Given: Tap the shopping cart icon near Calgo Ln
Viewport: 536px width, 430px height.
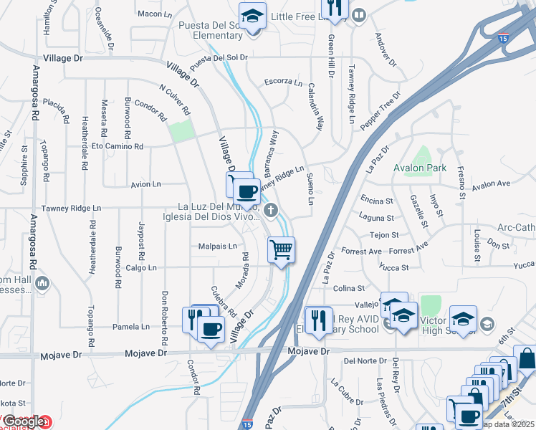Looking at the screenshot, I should pos(281,250).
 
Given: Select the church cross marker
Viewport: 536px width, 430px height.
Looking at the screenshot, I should pos(270,210).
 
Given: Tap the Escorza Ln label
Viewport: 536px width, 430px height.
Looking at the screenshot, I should pos(283,81).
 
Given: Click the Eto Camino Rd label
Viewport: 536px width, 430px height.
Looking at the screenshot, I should pos(118,146).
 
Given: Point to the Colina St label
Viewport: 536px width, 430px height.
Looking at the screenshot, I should pos(350,288).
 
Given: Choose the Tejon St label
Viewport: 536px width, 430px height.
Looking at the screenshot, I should pos(383,235).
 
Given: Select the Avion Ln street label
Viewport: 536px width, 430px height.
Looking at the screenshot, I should pos(145,184).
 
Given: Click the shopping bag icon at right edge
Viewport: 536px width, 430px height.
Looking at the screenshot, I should pos(525,359).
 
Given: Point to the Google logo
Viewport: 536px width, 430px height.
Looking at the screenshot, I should pos(23,423).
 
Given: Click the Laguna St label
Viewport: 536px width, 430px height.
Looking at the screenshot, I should pos(378,218).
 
